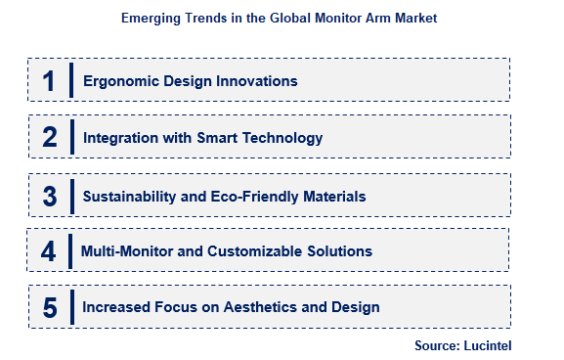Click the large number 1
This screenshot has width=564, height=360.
pos(48,81)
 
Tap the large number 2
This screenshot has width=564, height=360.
pos(49,138)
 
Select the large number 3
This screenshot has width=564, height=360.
pos(49,196)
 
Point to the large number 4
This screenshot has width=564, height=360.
pos(48,251)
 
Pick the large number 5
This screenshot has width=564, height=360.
pos(49,307)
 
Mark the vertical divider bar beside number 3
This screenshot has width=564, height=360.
pos(71,194)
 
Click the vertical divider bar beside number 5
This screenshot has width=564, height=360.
pos(71,306)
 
